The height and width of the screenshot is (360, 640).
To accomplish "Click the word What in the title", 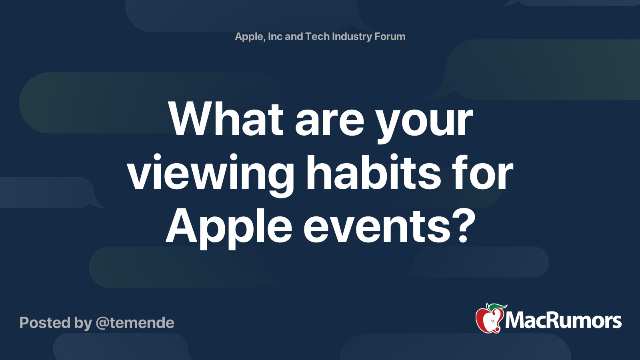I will (x=226, y=119).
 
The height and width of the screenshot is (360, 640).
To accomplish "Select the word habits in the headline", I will (x=373, y=173).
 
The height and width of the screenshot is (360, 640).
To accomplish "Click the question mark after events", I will (x=464, y=226).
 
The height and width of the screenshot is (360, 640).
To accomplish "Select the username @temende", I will (x=135, y=323).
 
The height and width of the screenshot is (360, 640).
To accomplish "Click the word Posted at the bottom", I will (x=45, y=323).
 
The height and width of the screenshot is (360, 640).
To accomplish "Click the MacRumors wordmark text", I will (x=563, y=321).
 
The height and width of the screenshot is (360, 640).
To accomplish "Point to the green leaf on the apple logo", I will (x=498, y=306).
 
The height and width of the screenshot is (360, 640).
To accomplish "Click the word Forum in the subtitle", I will (x=390, y=36).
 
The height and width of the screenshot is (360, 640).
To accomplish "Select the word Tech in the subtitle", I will (x=317, y=36).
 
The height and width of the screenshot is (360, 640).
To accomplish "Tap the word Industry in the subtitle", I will (x=352, y=36).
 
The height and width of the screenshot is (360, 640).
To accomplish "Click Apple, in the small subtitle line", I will (x=250, y=36).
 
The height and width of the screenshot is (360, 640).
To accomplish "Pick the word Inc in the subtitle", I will (x=275, y=36).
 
